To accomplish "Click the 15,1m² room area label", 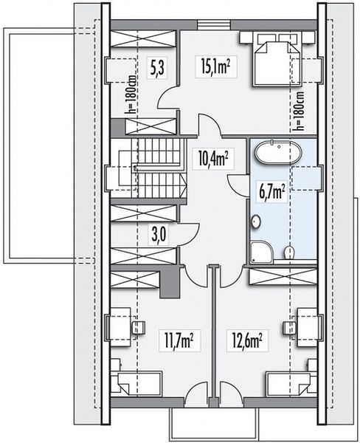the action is (x=215, y=67).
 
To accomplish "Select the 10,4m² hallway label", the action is (x=213, y=159).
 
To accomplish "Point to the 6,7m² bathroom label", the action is (x=271, y=191).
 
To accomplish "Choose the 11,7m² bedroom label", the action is (x=179, y=340).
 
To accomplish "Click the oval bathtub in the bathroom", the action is (x=278, y=152).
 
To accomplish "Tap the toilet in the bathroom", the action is (x=289, y=252).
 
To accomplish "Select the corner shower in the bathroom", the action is (x=261, y=251).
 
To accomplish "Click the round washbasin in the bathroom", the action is (x=256, y=221).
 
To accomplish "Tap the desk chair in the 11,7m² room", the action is (x=139, y=327).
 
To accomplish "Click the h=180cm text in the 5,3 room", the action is (x=131, y=94).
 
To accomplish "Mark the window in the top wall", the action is (x=214, y=24).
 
